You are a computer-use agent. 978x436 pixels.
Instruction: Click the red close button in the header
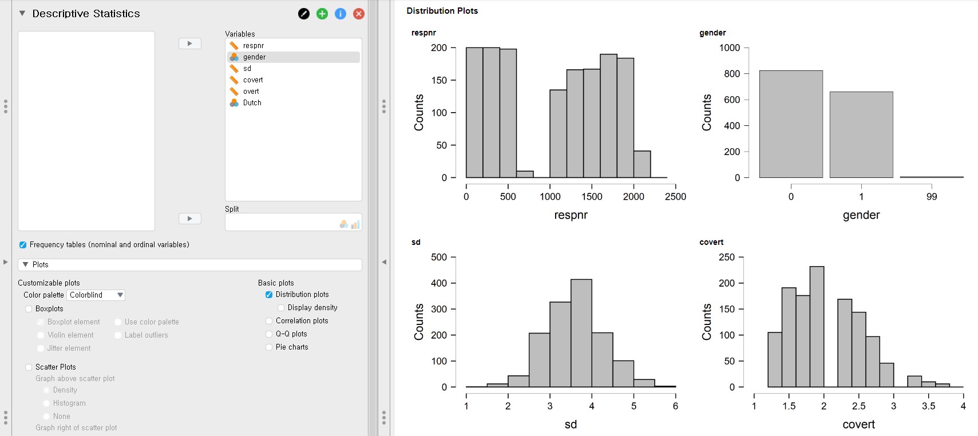tap(359, 14)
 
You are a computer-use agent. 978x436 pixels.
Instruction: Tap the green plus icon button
tap(322, 14)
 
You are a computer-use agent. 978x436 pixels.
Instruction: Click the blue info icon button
tap(340, 14)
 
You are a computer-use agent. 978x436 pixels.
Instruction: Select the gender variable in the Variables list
tap(254, 57)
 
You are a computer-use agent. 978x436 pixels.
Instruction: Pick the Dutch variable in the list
tap(252, 103)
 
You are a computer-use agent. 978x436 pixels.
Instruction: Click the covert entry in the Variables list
tap(252, 80)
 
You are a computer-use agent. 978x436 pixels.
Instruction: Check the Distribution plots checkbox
tap(269, 295)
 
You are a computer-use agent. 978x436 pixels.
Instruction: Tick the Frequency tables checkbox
tap(23, 245)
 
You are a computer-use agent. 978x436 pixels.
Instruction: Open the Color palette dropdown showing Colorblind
tap(96, 295)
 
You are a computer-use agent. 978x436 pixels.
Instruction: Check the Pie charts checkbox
tap(269, 347)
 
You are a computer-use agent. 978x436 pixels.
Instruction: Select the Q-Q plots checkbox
tap(269, 334)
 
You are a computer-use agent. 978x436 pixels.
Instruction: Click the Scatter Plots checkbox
tap(29, 367)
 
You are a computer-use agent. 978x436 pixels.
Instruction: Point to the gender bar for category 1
tap(861, 134)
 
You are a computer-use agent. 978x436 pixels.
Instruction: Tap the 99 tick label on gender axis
tap(932, 197)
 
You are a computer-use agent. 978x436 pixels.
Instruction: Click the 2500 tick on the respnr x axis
tap(675, 197)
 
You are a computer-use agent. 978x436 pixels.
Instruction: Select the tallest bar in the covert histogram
tap(817, 327)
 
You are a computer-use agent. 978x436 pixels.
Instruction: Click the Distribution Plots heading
tap(442, 11)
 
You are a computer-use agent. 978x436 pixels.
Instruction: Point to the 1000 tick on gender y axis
tap(730, 48)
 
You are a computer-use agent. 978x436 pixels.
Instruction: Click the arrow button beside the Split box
tap(190, 219)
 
